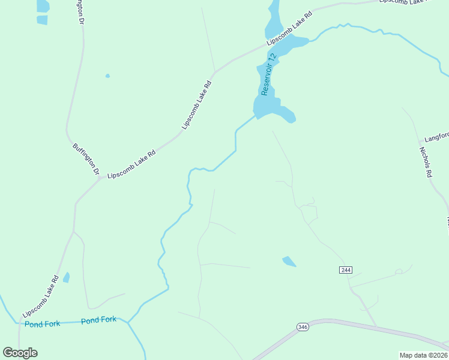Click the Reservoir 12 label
point(270,74)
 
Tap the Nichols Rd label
point(426,162)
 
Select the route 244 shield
point(345,270)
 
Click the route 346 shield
point(302,326)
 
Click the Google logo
point(20,352)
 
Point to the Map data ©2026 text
point(423,355)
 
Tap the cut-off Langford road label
point(436,137)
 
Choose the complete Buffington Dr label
point(85,158)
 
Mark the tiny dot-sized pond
point(107,76)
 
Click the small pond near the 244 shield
point(289,261)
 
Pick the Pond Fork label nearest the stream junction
point(99,320)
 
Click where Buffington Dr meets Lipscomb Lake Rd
point(99,178)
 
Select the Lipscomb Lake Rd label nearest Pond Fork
point(40,296)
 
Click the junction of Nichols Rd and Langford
point(418,142)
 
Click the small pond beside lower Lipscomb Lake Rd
point(66,277)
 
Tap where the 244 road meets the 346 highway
point(377,326)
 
